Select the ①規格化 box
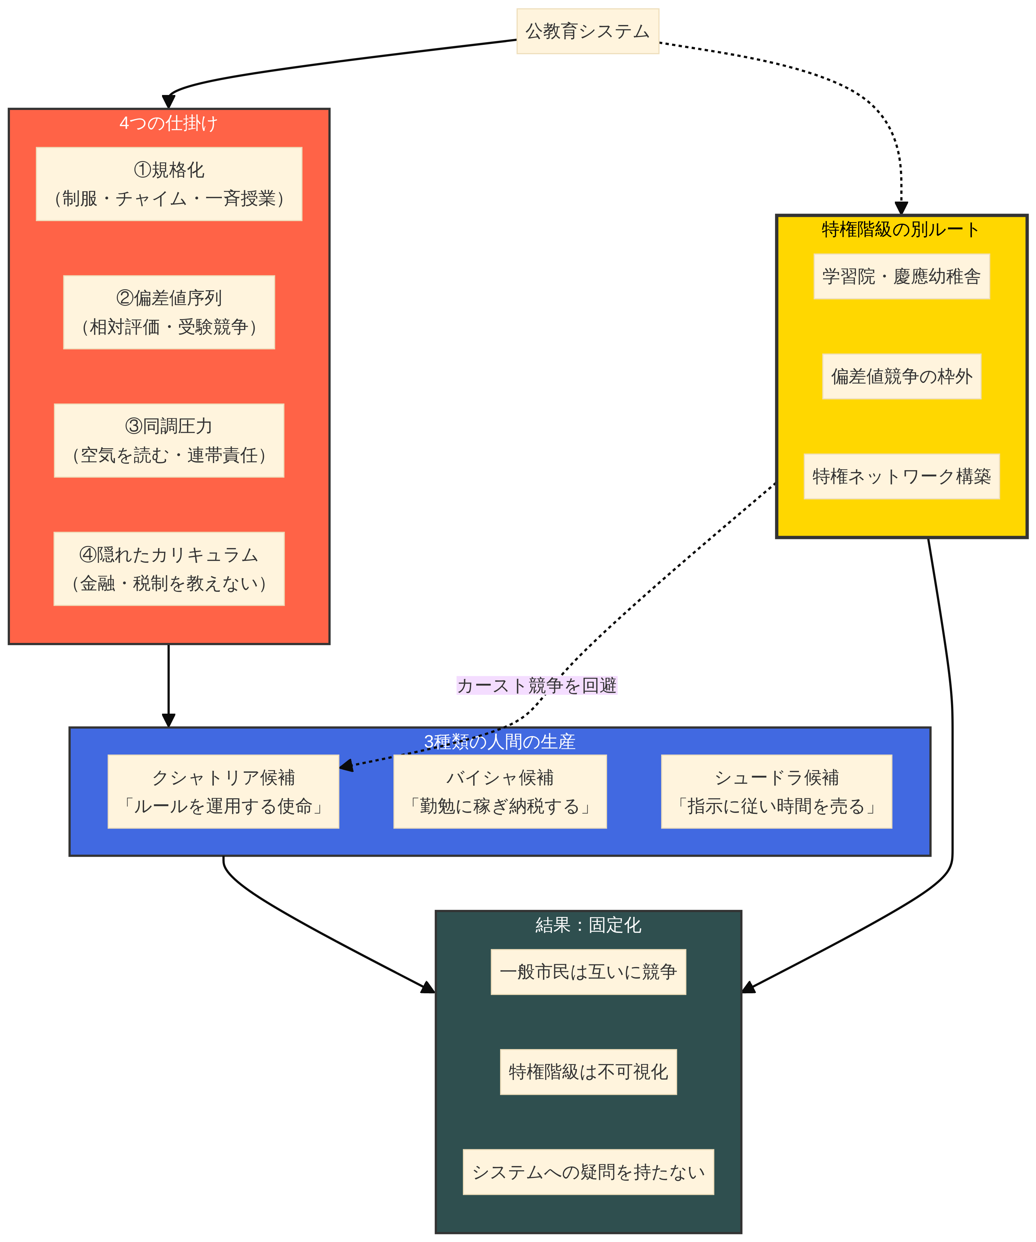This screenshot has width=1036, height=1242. tap(169, 184)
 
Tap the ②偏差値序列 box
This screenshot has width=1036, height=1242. tap(169, 312)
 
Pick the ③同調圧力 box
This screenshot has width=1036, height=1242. tap(169, 441)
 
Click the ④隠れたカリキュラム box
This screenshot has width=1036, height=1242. tap(169, 569)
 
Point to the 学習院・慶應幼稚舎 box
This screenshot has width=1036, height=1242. tap(901, 276)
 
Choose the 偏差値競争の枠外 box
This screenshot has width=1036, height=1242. tap(901, 376)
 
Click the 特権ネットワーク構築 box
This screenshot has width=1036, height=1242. tap(901, 476)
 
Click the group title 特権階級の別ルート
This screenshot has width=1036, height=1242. tap(901, 229)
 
